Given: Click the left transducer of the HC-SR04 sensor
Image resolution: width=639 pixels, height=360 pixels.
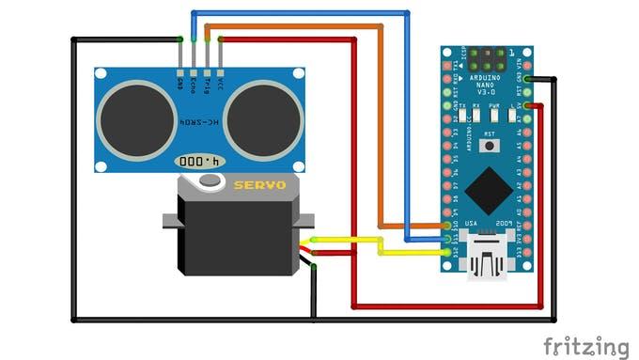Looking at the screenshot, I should pyautogui.click(x=137, y=119).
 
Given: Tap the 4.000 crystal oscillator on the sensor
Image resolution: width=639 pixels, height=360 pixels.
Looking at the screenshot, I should pyautogui.click(x=201, y=162).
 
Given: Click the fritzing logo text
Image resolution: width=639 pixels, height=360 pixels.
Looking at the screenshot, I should pyautogui.click(x=586, y=345).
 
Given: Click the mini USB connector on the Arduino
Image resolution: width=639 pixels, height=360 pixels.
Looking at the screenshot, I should pyautogui.click(x=489, y=259).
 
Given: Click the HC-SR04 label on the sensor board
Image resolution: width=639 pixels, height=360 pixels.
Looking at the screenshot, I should pyautogui.click(x=199, y=123).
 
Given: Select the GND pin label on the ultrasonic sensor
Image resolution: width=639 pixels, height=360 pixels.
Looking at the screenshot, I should pyautogui.click(x=180, y=84).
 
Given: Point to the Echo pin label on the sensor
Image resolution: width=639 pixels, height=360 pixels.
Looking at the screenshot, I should pyautogui.click(x=194, y=85).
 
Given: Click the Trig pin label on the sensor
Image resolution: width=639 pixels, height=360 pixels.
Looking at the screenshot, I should pyautogui.click(x=207, y=84).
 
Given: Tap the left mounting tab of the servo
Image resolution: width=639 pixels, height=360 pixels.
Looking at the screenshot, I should pyautogui.click(x=170, y=222).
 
